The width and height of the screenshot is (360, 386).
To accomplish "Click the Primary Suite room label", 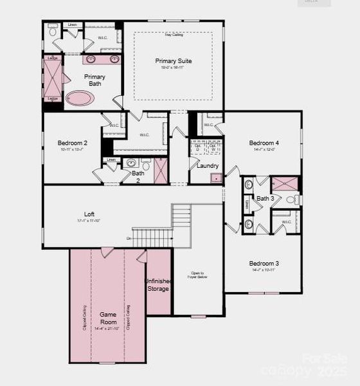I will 174,61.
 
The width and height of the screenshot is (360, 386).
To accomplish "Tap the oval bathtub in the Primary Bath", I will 81,98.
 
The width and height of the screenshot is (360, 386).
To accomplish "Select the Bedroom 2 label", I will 72,143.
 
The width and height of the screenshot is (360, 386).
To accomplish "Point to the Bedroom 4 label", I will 264,143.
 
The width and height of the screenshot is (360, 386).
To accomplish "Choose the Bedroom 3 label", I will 264,263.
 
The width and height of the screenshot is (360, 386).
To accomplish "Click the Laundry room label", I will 208,165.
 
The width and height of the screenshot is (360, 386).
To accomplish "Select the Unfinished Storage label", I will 157,285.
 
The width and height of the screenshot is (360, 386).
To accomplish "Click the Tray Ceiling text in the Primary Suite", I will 173,35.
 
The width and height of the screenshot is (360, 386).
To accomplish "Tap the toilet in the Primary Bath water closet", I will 53,31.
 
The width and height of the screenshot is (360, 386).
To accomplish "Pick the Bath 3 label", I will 265,198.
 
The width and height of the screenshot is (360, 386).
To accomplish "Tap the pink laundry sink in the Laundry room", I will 216,178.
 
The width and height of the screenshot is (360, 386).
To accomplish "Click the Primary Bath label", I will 94,80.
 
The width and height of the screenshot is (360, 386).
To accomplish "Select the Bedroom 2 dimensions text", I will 72,149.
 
